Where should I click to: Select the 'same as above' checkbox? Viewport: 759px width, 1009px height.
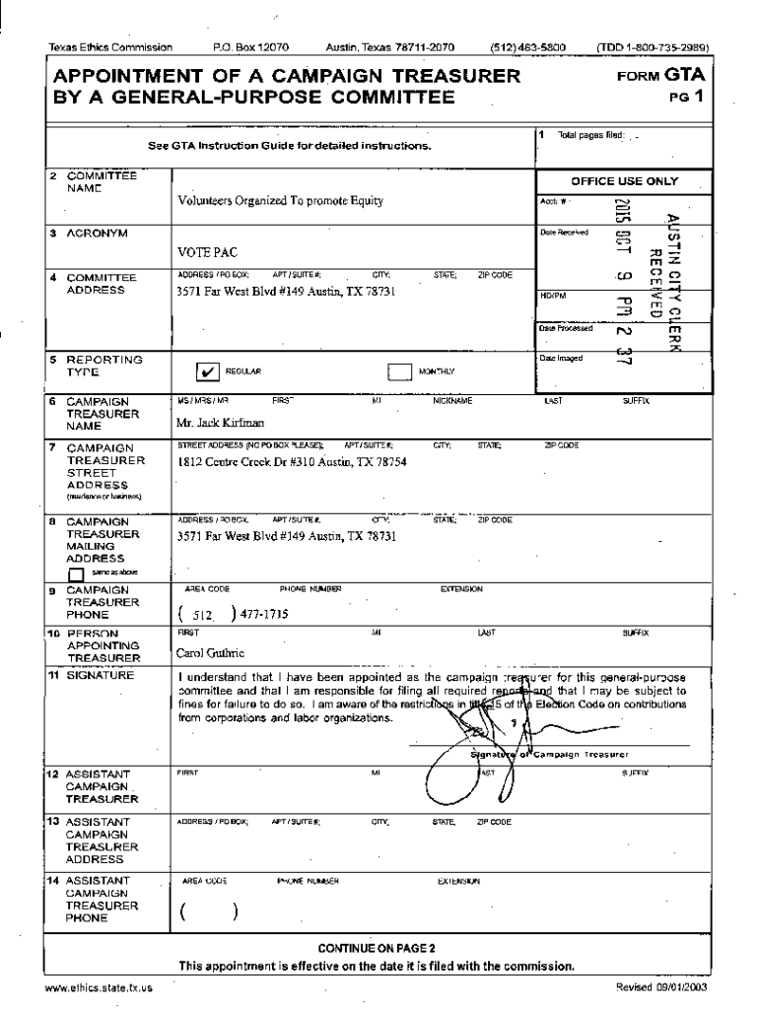(76, 572)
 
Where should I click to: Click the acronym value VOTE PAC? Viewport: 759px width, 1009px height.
(206, 252)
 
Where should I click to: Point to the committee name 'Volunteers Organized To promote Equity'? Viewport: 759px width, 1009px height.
(280, 201)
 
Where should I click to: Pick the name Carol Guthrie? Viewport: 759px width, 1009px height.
(211, 652)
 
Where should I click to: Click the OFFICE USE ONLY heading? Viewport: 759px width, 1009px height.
(624, 181)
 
